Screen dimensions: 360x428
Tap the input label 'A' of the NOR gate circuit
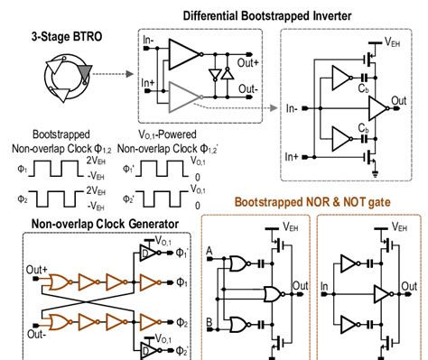(x=211, y=252)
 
